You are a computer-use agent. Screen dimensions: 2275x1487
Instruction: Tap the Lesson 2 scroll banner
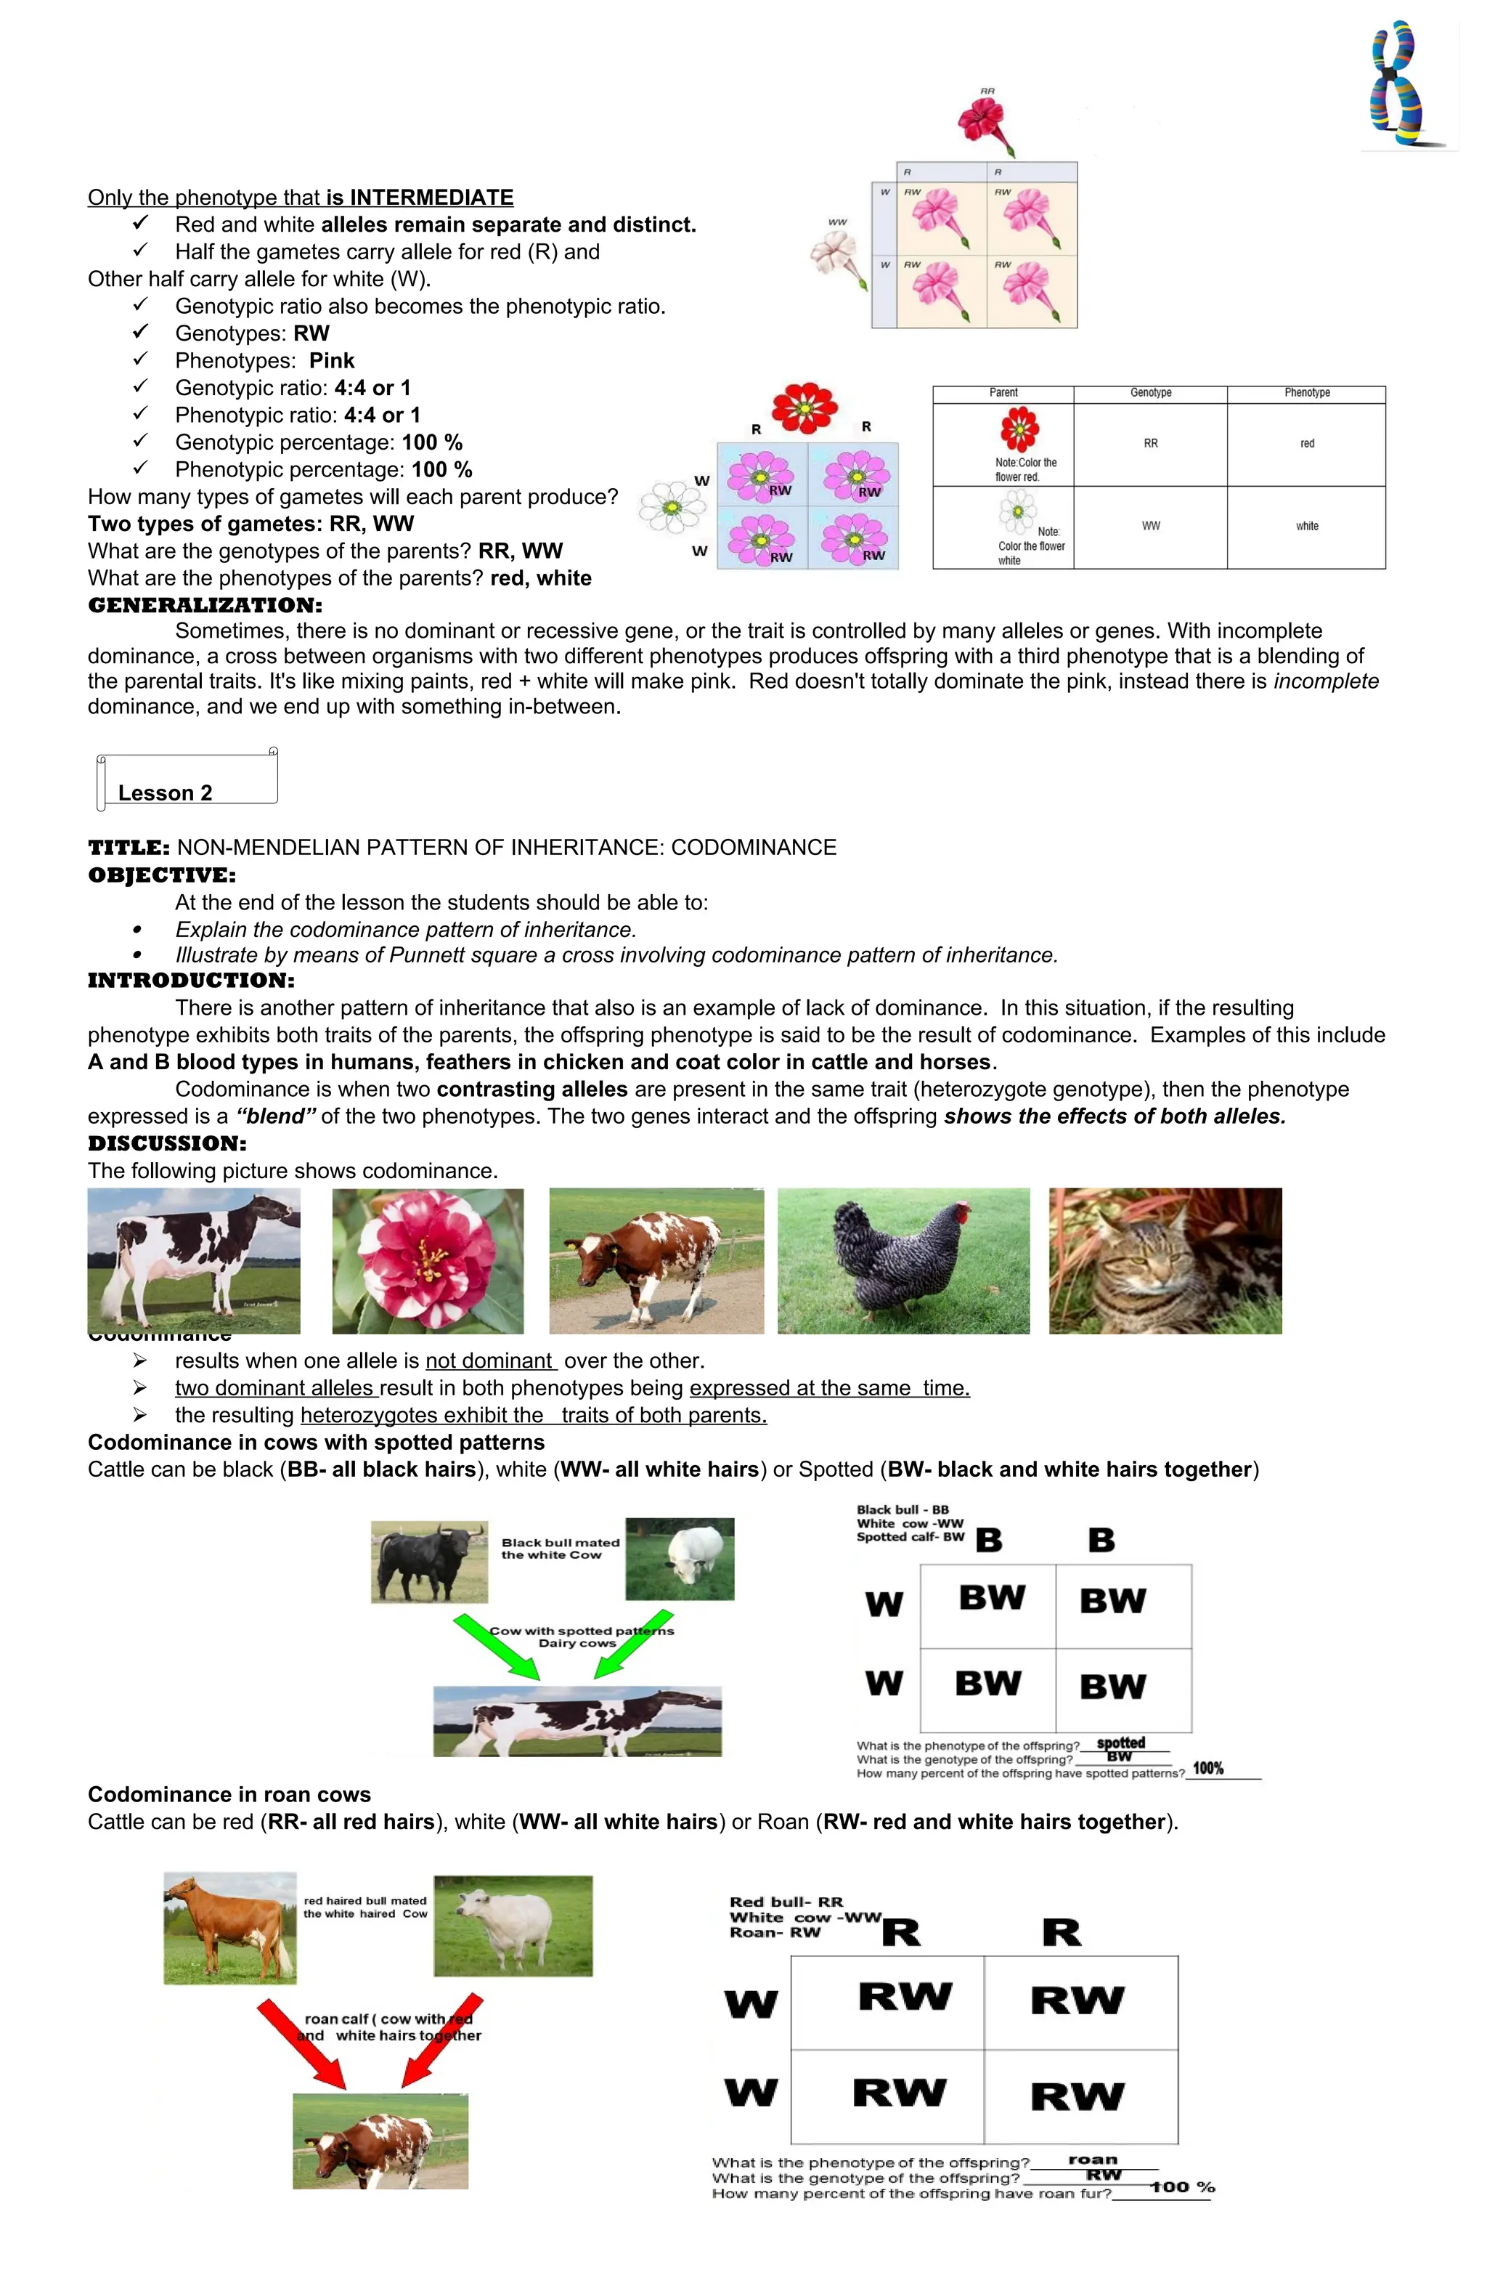(187, 781)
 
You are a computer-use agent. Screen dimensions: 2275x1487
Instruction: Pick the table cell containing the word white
(1305, 527)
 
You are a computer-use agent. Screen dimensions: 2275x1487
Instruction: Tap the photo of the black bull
(429, 1561)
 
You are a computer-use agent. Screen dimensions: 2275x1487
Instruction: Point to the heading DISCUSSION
(166, 1143)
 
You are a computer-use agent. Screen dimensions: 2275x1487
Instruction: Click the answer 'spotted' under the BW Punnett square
(1120, 1743)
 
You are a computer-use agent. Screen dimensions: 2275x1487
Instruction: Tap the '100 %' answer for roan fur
(1182, 2187)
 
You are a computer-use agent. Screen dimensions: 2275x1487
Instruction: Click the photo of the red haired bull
(229, 1927)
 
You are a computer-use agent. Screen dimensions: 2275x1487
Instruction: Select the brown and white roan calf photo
(380, 2141)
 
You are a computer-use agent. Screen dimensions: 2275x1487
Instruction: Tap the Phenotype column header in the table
(1305, 393)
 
